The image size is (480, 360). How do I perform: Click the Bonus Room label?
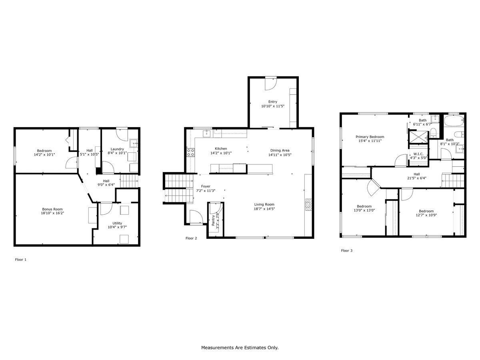tap(52, 209)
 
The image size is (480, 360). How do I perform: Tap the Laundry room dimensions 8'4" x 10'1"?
tap(117, 153)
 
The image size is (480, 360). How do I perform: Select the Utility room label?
tap(117, 223)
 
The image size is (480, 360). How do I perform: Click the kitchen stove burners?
tap(190, 152)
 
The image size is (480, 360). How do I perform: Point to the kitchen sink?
tap(206, 133)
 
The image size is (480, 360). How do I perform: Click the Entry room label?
tap(273, 102)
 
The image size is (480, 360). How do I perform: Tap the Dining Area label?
tap(280, 150)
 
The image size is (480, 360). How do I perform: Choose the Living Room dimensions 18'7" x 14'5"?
tap(264, 209)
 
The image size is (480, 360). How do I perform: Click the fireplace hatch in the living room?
tap(308, 204)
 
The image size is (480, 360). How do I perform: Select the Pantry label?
tap(213, 220)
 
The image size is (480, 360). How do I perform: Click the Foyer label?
tap(206, 186)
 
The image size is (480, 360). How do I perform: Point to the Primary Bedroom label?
tap(370, 137)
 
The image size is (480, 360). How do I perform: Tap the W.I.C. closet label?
tap(418, 154)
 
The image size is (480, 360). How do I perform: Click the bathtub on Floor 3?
tap(454, 120)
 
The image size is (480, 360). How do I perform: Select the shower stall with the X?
tap(418, 137)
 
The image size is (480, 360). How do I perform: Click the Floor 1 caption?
tap(20, 260)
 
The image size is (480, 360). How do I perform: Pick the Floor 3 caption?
tap(347, 250)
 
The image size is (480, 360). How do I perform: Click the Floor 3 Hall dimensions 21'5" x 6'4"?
tap(417, 178)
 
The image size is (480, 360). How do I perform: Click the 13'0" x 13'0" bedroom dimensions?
tap(364, 210)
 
